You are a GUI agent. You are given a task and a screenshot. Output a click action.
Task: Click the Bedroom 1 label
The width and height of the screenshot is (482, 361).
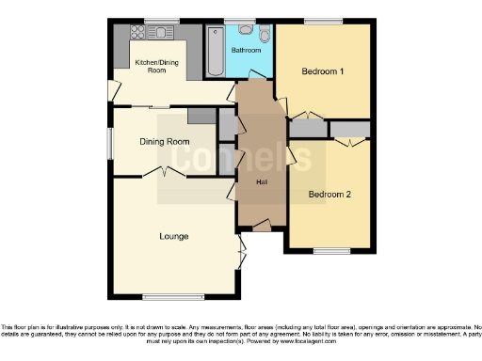[x=322, y=71]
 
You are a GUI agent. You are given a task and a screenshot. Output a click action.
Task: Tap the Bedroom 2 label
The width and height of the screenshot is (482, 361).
[x=329, y=195]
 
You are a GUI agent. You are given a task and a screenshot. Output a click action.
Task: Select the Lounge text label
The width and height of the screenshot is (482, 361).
[x=172, y=235]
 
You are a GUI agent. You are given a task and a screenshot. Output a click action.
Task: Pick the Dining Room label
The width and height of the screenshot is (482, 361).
[x=164, y=142]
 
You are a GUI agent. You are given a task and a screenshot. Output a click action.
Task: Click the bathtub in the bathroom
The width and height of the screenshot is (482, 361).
[x=214, y=53]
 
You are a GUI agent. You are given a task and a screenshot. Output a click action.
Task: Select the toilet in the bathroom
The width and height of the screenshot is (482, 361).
[x=265, y=35]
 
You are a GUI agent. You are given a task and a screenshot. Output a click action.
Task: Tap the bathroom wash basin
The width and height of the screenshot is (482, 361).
[x=245, y=29]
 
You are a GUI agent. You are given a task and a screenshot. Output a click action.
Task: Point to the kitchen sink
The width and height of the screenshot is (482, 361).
[x=167, y=32]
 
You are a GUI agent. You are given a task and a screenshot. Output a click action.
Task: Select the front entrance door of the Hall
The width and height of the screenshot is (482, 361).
[x=259, y=227]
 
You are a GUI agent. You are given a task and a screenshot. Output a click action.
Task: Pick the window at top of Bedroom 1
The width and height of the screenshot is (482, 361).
[x=322, y=21]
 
